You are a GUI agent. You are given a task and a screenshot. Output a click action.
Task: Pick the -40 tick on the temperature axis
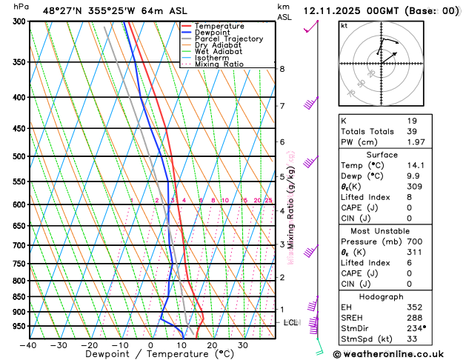[29, 345]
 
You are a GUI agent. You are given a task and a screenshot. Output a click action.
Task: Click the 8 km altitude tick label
[282, 69]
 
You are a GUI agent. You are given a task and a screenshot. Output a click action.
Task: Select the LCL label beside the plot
[291, 323]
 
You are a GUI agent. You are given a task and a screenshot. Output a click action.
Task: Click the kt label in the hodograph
[344, 26]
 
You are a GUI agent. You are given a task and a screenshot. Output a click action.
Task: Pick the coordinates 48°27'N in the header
[61, 11]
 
